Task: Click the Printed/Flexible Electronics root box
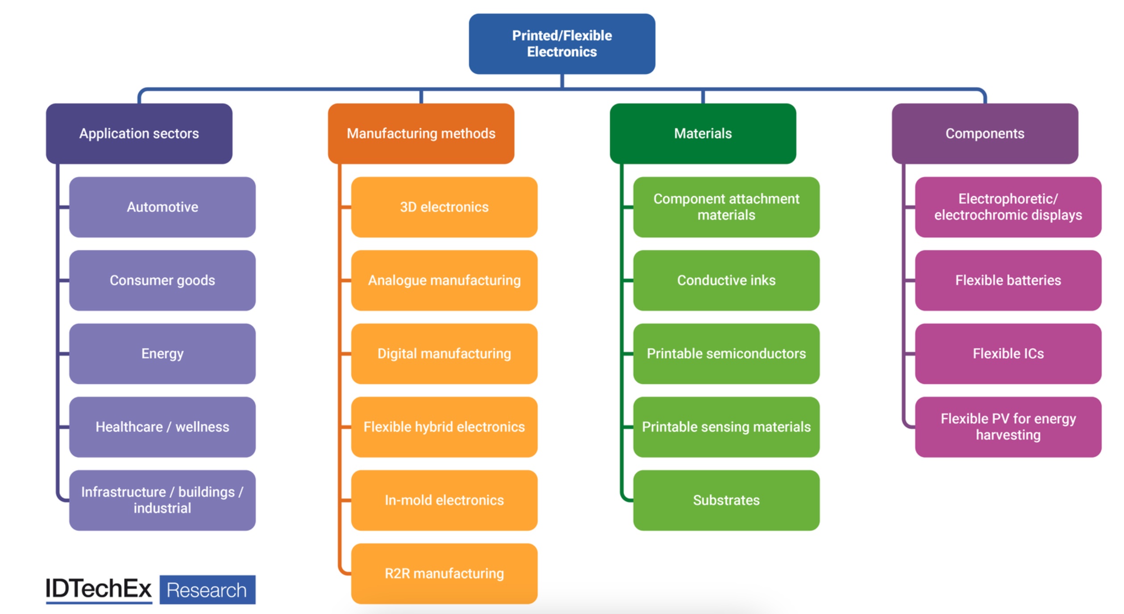pyautogui.click(x=562, y=44)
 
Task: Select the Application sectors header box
pyautogui.click(x=139, y=134)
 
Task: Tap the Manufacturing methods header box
pyautogui.click(x=421, y=134)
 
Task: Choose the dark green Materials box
pyautogui.click(x=703, y=134)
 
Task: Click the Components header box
pyautogui.click(x=985, y=134)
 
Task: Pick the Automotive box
pyautogui.click(x=162, y=207)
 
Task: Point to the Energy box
pyautogui.click(x=162, y=353)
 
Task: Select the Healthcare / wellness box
pyautogui.click(x=162, y=427)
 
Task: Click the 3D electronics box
pyautogui.click(x=444, y=207)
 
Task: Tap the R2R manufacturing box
pyautogui.click(x=444, y=573)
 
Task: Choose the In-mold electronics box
pyautogui.click(x=444, y=500)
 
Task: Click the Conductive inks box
pyautogui.click(x=726, y=280)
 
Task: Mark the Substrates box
pyautogui.click(x=726, y=500)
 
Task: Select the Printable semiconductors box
pyautogui.click(x=726, y=353)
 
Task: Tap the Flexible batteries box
pyautogui.click(x=1008, y=280)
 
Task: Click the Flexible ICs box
pyautogui.click(x=1008, y=353)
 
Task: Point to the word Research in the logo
pyautogui.click(x=207, y=590)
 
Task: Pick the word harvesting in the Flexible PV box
pyautogui.click(x=1008, y=435)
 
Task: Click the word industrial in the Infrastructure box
pyautogui.click(x=162, y=508)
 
